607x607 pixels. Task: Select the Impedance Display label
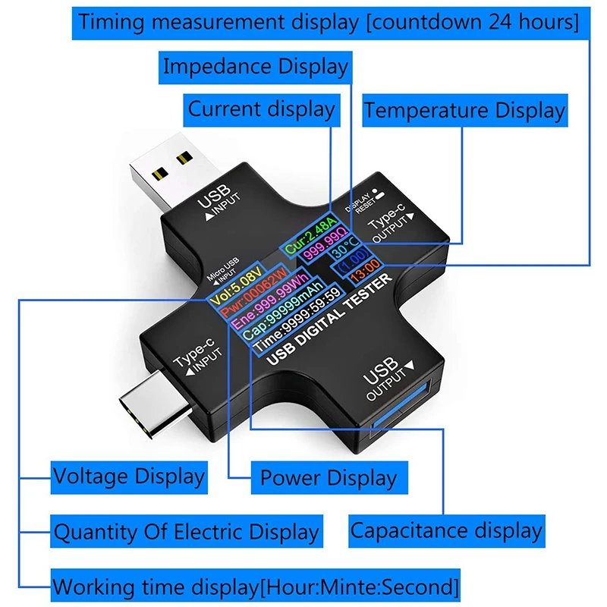(256, 66)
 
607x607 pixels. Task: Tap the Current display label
(262, 109)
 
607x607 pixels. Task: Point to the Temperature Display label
(464, 111)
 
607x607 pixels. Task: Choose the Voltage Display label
(129, 477)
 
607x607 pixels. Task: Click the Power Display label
(329, 478)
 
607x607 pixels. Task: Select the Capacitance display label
(446, 531)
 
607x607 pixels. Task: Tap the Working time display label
(256, 587)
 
